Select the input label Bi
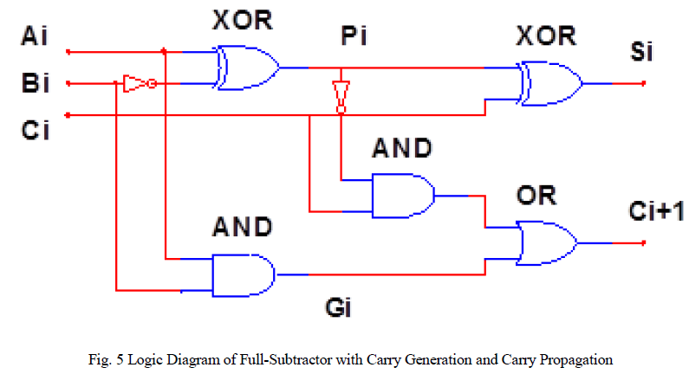(x=34, y=84)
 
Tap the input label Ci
(x=34, y=131)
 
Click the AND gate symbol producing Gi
(x=243, y=275)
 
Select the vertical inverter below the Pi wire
(x=341, y=95)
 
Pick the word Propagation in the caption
(x=572, y=357)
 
